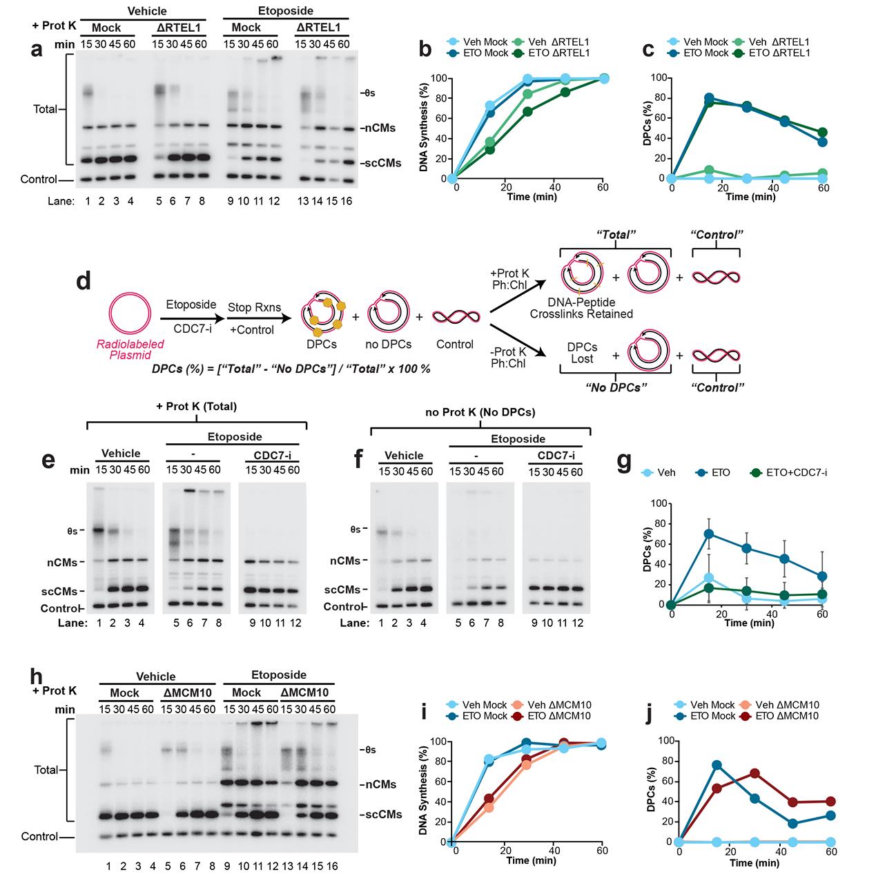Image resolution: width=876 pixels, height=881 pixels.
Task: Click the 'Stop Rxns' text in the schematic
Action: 251,305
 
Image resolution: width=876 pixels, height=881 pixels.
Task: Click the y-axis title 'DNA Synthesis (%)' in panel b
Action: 423,128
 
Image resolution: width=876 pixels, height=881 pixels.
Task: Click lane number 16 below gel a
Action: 344,201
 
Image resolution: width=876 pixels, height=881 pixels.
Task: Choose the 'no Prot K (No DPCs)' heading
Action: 480,413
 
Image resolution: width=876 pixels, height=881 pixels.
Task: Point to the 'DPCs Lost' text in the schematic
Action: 581,353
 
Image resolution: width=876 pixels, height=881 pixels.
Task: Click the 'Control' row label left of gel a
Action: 39,180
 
